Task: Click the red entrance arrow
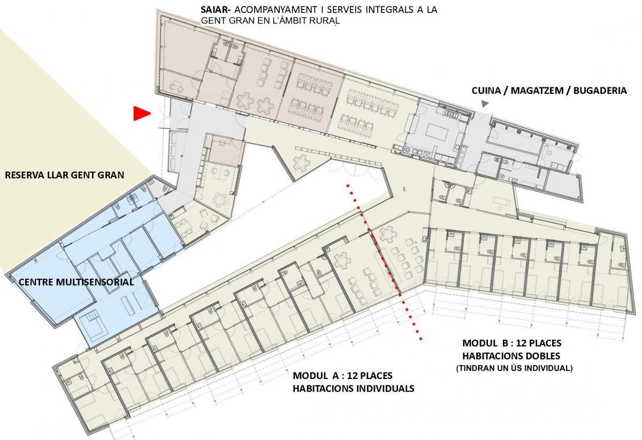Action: click(141, 113)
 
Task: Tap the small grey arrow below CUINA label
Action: click(485, 104)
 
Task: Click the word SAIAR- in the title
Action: click(216, 10)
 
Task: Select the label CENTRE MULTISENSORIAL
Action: click(76, 282)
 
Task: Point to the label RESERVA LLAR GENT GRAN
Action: click(65, 175)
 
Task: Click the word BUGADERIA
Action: click(600, 91)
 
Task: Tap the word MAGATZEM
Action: click(538, 91)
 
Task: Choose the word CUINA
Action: click(486, 91)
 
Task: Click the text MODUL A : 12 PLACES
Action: click(342, 376)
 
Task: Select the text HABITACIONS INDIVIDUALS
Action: click(354, 389)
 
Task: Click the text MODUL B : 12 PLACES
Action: click(511, 343)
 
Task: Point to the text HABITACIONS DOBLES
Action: click(511, 356)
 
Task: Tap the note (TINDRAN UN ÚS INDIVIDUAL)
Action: click(514, 368)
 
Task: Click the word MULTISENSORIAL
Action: click(95, 282)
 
